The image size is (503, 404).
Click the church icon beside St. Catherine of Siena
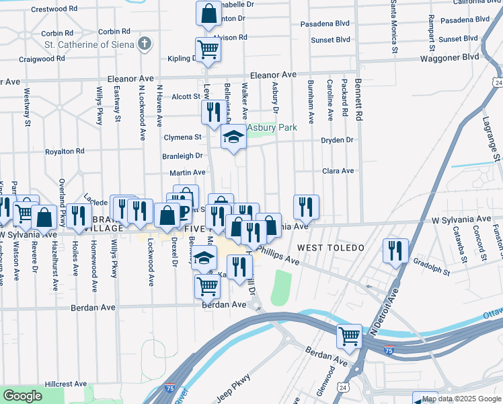pos(144,44)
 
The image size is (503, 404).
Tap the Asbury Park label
pos(272,127)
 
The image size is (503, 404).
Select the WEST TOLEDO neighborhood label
pos(331,248)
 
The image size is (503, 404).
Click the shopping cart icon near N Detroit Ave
pos(349,335)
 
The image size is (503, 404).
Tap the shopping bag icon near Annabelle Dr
pos(208,12)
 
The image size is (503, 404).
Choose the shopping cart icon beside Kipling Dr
pos(208,48)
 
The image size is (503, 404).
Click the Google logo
pos(22,396)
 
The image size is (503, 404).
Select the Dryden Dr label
pos(338,140)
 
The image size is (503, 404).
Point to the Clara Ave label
pos(338,171)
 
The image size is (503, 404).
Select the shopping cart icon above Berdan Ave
pos(206,285)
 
